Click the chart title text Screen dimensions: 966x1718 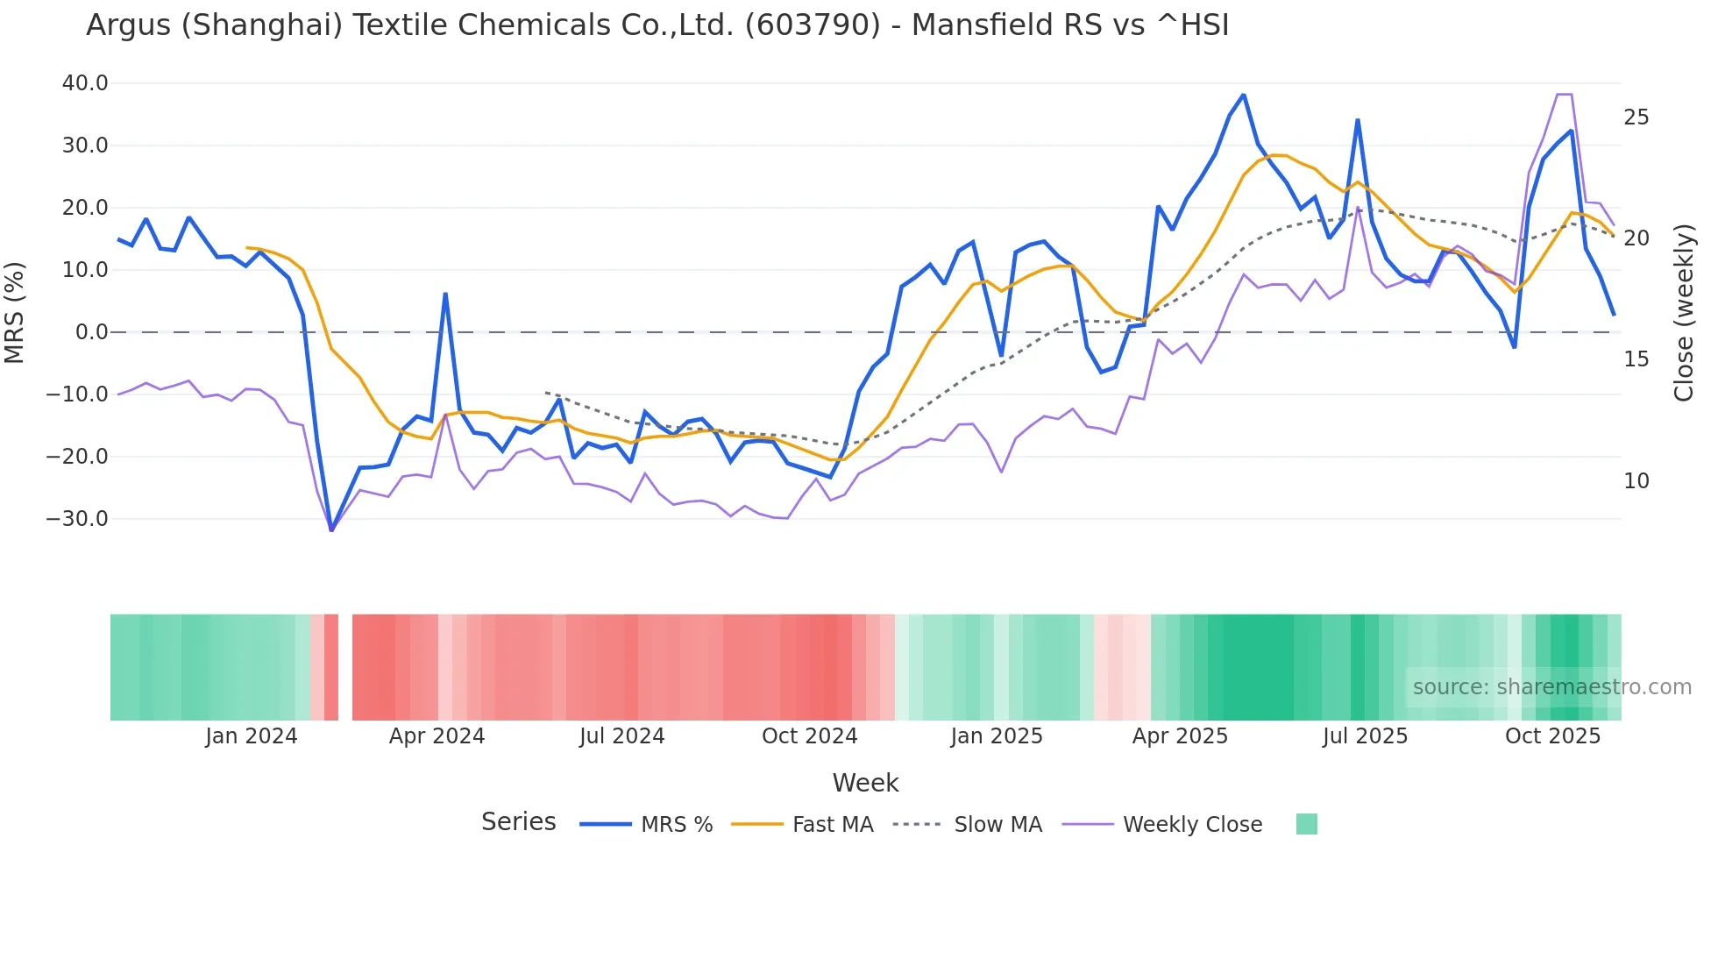click(x=657, y=25)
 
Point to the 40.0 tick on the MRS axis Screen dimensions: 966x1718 click(x=85, y=83)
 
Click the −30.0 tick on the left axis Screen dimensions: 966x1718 click(x=78, y=519)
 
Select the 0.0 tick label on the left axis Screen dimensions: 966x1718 click(x=91, y=332)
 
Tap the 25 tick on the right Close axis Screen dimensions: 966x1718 click(x=1636, y=117)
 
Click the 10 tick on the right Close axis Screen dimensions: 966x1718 click(x=1636, y=481)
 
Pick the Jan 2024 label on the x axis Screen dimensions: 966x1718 click(x=252, y=736)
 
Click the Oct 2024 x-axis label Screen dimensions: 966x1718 click(x=809, y=736)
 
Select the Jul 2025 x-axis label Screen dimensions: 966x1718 click(x=1365, y=736)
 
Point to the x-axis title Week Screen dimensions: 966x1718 click(x=865, y=783)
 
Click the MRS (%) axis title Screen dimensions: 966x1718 click(x=15, y=313)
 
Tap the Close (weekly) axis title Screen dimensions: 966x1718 click(x=1683, y=313)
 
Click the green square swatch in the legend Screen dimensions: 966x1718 click(x=1306, y=824)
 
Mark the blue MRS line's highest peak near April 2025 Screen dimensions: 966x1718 click(x=1243, y=95)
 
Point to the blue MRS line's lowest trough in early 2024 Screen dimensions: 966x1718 click(x=331, y=529)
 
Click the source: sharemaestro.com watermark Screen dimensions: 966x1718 click(x=1551, y=687)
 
